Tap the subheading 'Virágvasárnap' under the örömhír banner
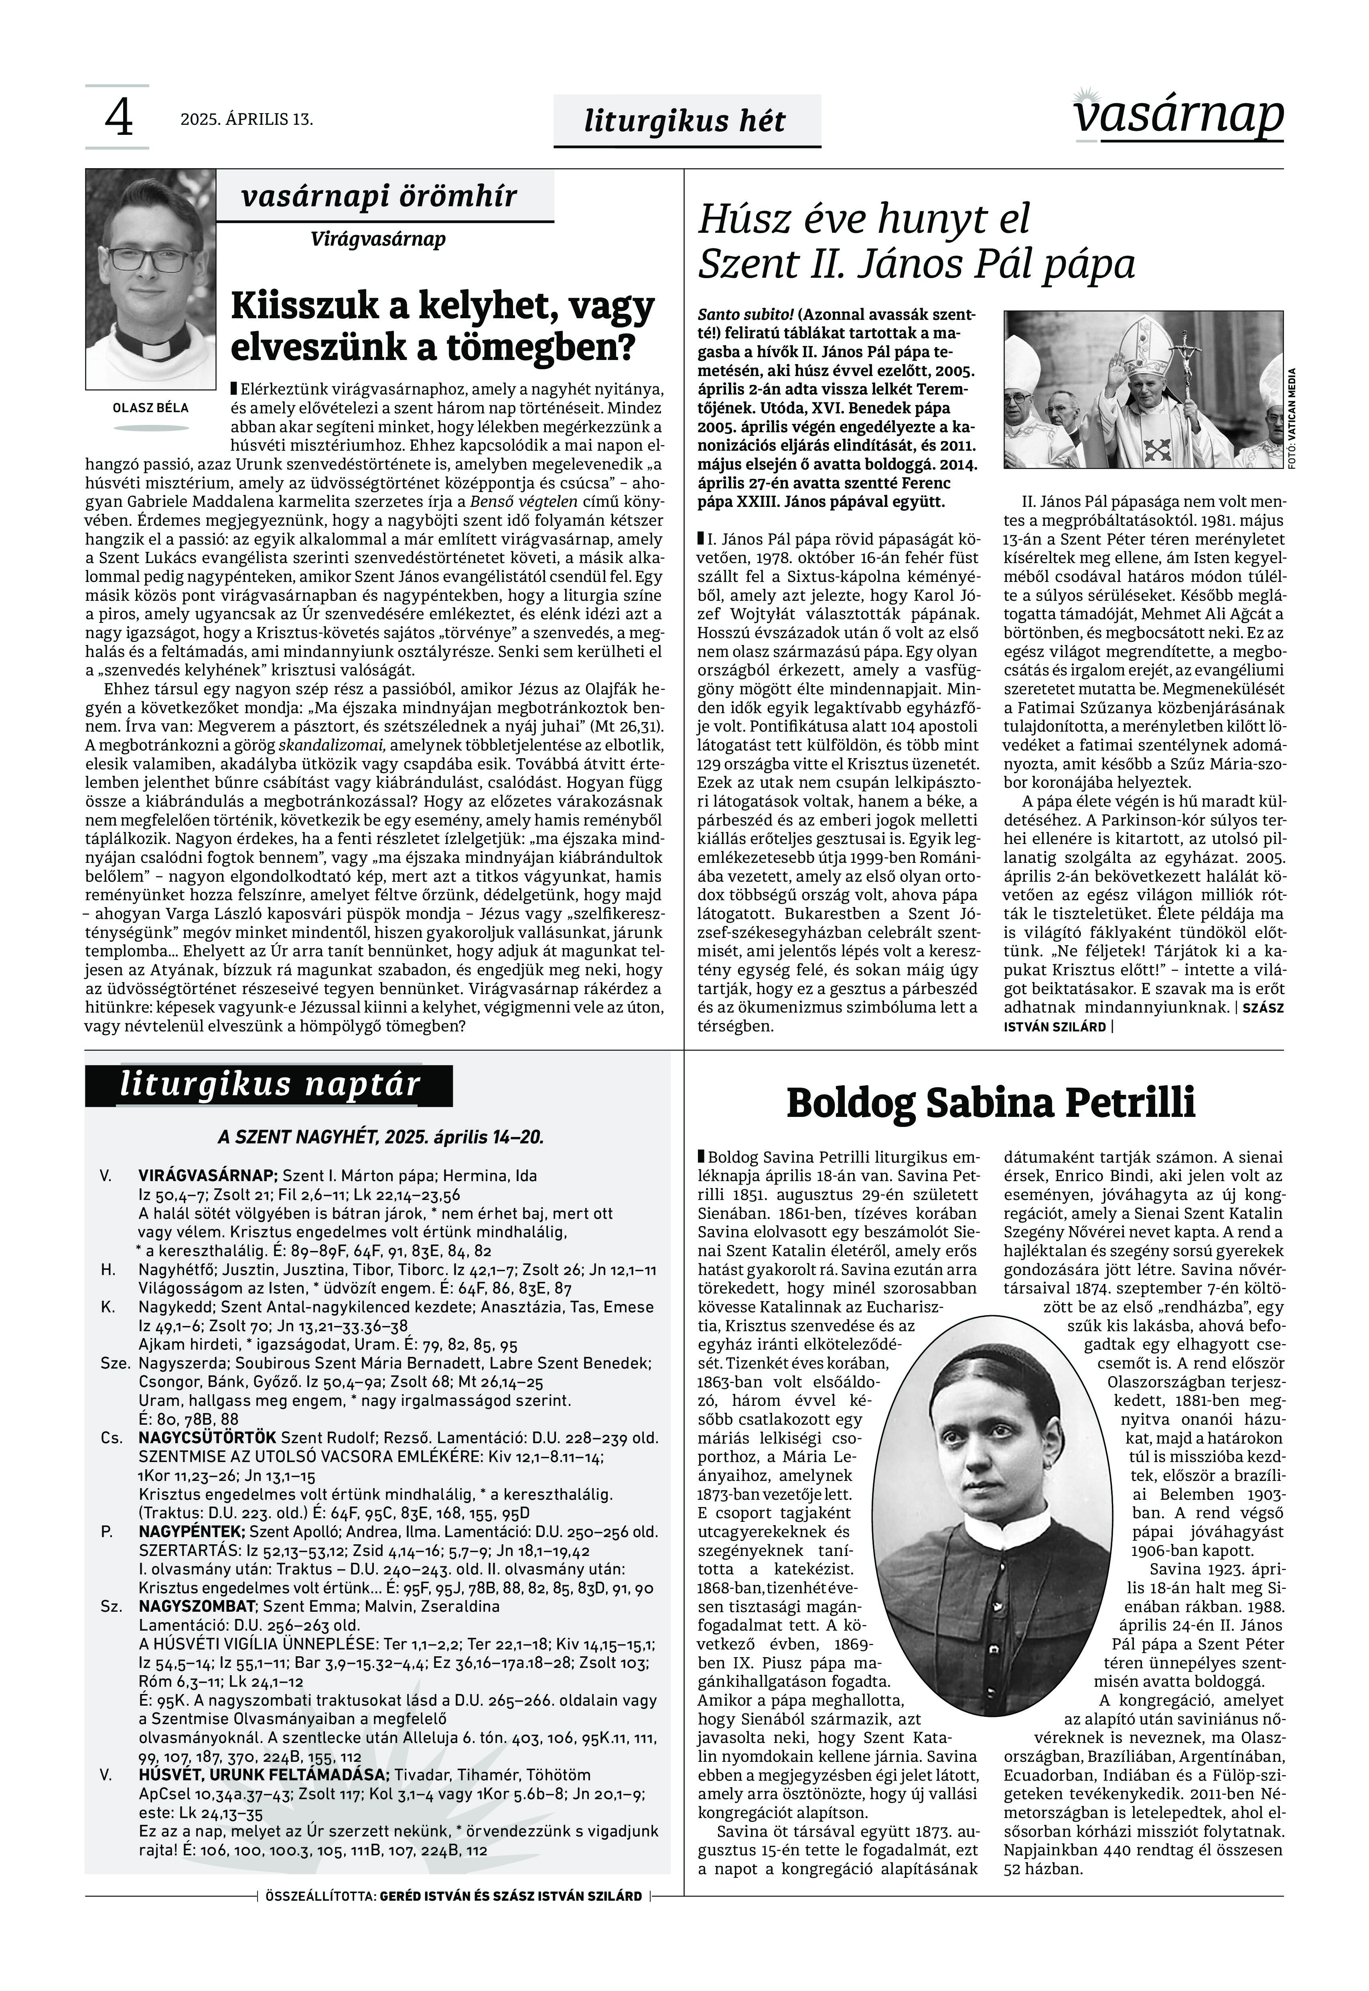[x=378, y=238]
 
